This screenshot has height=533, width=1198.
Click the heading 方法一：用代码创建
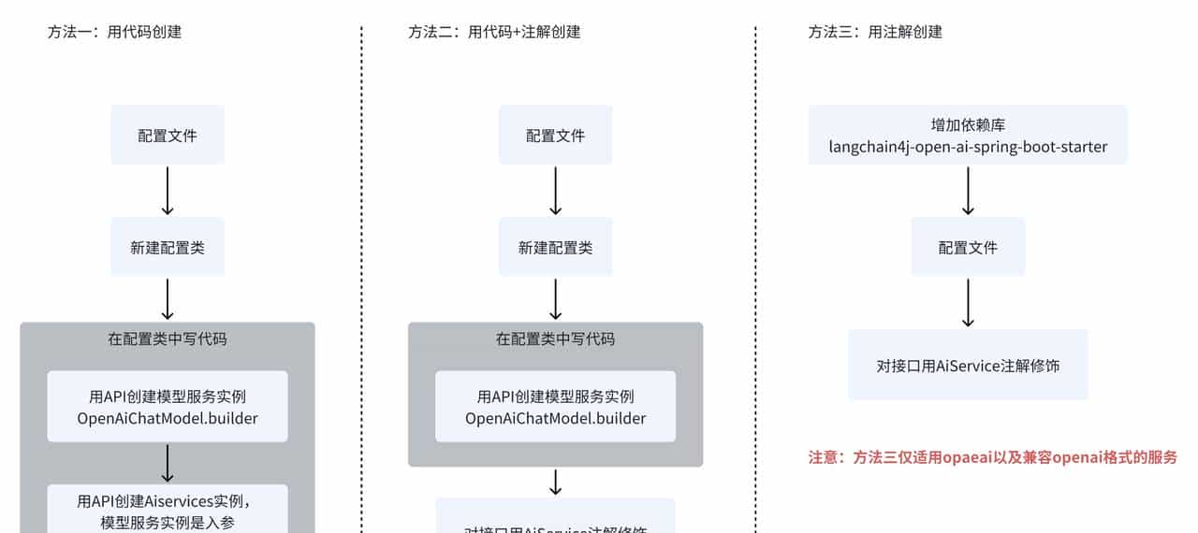point(114,32)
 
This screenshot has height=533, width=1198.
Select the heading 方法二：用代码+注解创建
point(494,32)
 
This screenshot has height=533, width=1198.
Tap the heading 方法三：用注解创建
point(875,32)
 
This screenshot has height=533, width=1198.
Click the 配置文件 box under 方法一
point(168,135)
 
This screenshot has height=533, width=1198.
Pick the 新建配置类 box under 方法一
point(168,247)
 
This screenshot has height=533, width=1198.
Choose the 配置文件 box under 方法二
point(555,135)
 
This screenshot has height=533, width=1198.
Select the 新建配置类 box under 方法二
point(555,247)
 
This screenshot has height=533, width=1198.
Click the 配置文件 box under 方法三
point(968,247)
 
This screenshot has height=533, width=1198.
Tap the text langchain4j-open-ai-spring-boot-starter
point(968,147)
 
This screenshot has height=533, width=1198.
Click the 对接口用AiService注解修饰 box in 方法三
point(968,365)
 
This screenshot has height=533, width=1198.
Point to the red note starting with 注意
point(992,457)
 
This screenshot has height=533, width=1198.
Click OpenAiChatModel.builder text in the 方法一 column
point(168,418)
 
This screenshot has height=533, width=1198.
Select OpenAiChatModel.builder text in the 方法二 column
point(555,418)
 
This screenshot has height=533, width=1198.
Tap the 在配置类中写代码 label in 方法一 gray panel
point(168,339)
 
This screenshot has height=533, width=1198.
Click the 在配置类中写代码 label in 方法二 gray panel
point(555,339)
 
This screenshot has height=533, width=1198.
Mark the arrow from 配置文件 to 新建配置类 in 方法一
point(168,191)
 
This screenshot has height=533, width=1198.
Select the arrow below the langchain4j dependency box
point(968,191)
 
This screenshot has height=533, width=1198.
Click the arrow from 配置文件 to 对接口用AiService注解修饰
point(968,302)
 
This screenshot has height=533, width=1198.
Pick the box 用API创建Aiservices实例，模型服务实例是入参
point(168,510)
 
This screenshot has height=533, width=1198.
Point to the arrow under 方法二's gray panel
point(555,482)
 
